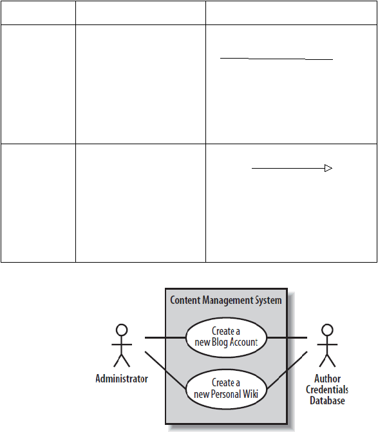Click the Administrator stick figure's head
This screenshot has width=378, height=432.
tap(122, 330)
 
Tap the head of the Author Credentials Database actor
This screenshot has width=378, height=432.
tap(327, 330)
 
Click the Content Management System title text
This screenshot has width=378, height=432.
tap(226, 300)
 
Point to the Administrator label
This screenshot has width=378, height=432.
tap(122, 379)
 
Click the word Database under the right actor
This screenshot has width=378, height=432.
tap(327, 400)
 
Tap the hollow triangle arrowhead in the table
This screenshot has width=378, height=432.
tap(328, 168)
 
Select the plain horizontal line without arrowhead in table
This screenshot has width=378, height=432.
tap(277, 59)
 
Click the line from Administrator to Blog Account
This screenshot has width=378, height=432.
tap(165, 337)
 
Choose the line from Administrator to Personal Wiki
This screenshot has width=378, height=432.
tap(165, 370)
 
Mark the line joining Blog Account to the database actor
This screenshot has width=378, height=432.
tap(287, 337)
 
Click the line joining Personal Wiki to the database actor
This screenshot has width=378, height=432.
tap(287, 370)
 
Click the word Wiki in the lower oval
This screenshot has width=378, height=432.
tap(250, 394)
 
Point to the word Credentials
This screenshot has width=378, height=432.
tap(327, 390)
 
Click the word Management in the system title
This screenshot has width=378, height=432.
tap(225, 300)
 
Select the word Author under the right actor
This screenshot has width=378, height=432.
tap(327, 379)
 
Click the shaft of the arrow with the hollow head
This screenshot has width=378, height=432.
tap(288, 168)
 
